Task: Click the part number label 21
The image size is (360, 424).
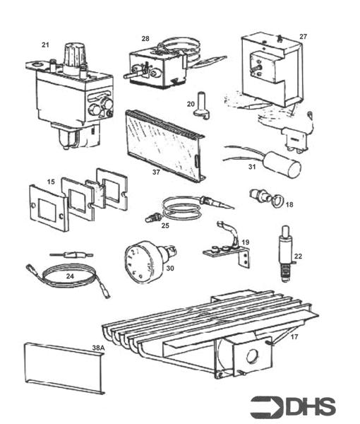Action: pos(45,45)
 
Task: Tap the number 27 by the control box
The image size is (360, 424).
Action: pos(303,36)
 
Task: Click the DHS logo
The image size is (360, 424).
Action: pos(292,406)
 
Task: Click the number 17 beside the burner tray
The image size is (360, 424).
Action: pos(294,337)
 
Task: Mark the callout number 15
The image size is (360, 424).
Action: pos(51,182)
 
